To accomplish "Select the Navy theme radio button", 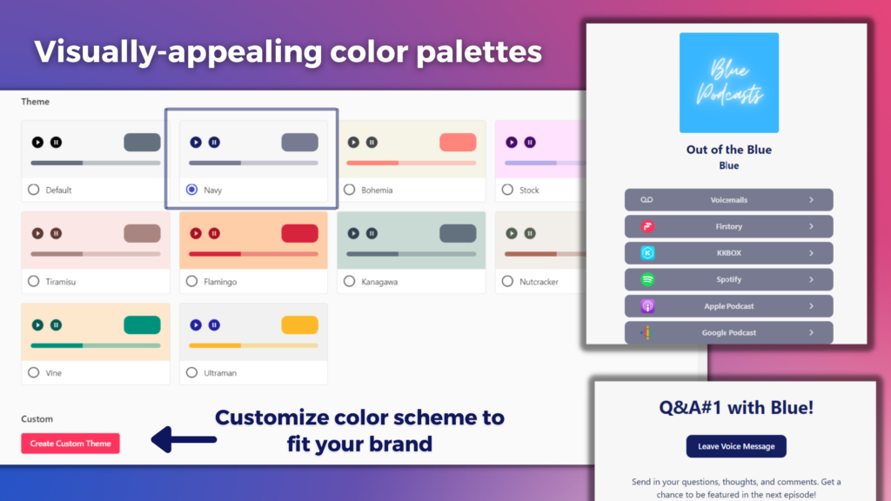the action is click(191, 190).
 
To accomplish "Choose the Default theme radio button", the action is click(34, 190).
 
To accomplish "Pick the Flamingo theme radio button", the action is click(191, 281).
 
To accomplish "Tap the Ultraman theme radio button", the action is click(191, 372).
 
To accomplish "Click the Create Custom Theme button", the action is click(70, 443).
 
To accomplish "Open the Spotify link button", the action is click(728, 279).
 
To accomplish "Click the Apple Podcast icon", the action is click(647, 306).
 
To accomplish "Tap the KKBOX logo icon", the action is click(647, 253).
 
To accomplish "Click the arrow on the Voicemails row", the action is click(812, 200).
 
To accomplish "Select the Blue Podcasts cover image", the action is click(729, 83).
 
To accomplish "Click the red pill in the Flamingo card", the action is click(299, 233).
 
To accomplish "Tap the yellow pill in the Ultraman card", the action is click(299, 325).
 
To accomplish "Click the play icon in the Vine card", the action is click(37, 325).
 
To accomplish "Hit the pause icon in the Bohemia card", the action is click(372, 142).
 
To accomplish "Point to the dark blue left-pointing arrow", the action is click(184, 439).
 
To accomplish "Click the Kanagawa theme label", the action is click(379, 282).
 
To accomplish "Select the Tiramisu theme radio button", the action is click(34, 281).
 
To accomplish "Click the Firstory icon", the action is click(647, 226).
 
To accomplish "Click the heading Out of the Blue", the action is click(729, 150).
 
